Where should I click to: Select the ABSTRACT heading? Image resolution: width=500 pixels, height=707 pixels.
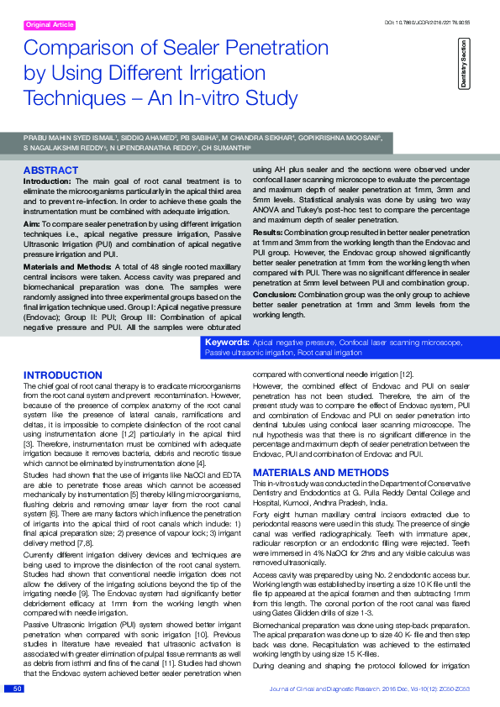(51, 170)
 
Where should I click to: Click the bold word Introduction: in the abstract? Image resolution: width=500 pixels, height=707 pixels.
(47, 181)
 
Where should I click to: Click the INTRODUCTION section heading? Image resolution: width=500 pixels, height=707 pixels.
(63, 374)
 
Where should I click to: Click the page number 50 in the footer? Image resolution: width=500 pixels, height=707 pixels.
(18, 689)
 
